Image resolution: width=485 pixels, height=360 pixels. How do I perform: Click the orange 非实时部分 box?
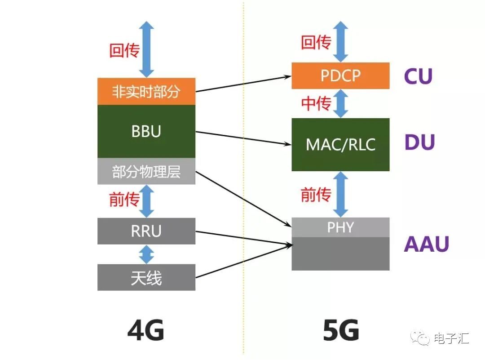146,92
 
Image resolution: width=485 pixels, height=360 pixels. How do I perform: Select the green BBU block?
146,131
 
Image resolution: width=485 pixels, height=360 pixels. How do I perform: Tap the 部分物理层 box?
146,171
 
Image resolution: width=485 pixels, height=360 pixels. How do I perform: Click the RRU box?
146,231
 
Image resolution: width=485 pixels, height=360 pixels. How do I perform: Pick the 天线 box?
146,277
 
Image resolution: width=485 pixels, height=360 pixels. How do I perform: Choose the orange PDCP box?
340,76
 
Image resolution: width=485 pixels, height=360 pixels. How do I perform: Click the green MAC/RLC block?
340,144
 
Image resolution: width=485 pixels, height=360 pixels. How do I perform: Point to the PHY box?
340,227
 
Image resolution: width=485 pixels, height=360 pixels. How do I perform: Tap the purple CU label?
418,76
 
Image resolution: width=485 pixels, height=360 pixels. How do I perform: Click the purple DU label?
419,142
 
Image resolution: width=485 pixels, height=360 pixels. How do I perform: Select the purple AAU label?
426,244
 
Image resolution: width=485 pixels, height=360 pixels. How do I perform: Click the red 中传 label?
316,104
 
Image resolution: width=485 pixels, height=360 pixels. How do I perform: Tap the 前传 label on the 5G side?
316,195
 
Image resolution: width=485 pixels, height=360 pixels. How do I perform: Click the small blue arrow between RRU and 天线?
146,254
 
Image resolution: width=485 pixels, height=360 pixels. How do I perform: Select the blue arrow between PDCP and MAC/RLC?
342,103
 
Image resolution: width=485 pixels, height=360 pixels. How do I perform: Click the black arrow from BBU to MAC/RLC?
242,138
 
